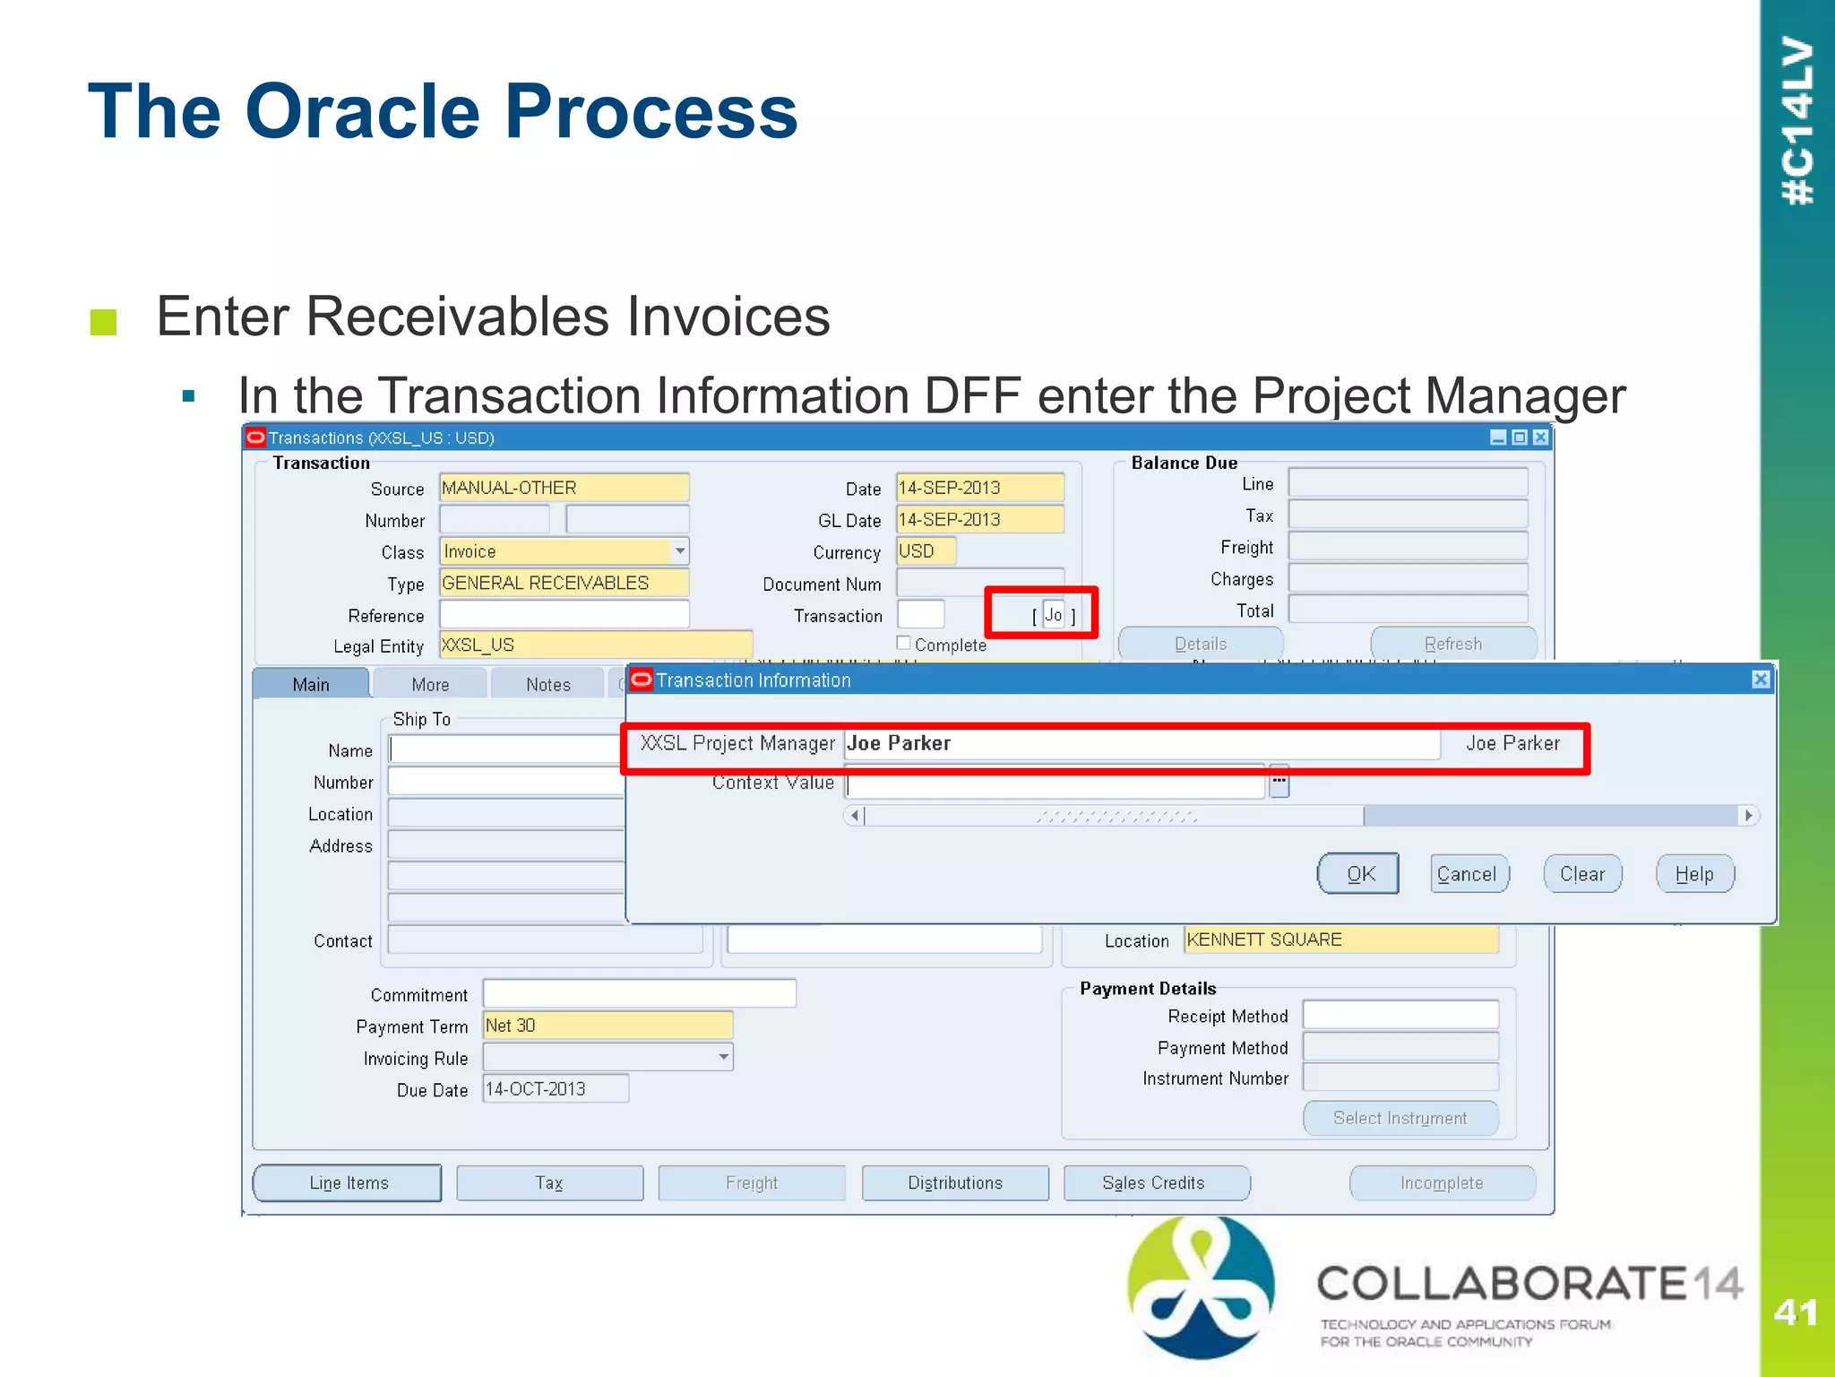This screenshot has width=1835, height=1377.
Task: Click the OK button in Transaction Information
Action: coord(1358,873)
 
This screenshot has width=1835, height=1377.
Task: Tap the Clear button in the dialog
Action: coord(1582,873)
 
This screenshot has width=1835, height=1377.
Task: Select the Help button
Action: coord(1694,873)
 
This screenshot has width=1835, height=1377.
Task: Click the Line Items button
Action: coord(348,1182)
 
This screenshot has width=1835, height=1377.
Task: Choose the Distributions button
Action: coord(955,1182)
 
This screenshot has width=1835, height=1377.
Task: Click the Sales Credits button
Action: coord(1154,1182)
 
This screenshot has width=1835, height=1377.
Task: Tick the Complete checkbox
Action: coord(904,643)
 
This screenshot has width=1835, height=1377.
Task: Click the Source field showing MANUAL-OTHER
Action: coord(564,488)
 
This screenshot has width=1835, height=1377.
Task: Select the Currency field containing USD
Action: coord(926,550)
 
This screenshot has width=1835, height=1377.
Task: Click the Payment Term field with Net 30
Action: coord(607,1025)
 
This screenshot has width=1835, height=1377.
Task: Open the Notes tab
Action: coord(548,684)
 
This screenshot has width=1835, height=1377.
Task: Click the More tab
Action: coord(430,684)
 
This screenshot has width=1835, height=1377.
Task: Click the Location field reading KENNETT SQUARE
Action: coord(1340,940)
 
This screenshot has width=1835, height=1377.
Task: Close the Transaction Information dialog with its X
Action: coord(1761,680)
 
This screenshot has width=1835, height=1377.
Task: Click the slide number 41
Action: coord(1796,1312)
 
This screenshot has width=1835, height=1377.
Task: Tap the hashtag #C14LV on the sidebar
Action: coord(1797,121)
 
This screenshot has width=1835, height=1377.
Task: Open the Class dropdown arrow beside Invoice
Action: coord(681,550)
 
